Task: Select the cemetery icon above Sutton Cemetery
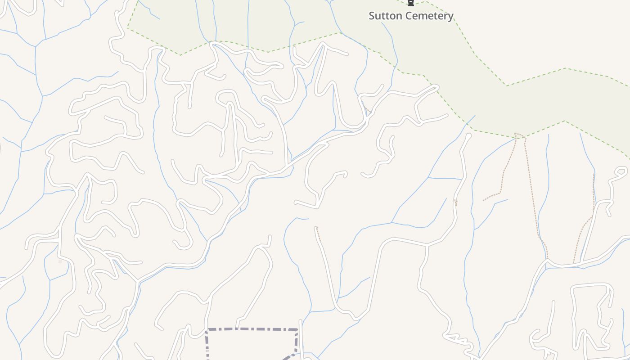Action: (x=410, y=3)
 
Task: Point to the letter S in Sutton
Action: (x=372, y=16)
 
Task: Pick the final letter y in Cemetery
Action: (x=450, y=17)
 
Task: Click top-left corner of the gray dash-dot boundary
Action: (x=207, y=330)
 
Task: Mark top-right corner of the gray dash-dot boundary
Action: (x=297, y=330)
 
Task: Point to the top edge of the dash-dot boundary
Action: (x=252, y=329)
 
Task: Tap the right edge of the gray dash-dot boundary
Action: (x=297, y=342)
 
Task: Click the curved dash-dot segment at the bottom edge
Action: (x=288, y=357)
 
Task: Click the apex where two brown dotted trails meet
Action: (x=519, y=134)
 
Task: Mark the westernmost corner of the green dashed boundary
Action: (x=127, y=28)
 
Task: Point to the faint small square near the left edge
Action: (x=60, y=261)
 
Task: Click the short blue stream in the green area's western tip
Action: (x=148, y=12)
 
